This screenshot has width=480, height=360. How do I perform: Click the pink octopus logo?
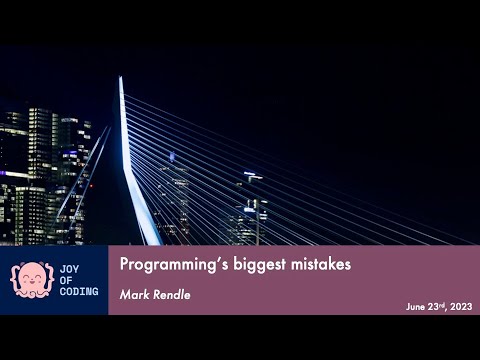coord(31,279)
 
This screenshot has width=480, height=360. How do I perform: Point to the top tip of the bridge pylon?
coord(121,78)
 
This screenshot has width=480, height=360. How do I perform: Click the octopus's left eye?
coord(25,275)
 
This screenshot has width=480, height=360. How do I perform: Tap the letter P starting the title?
coord(125,266)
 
